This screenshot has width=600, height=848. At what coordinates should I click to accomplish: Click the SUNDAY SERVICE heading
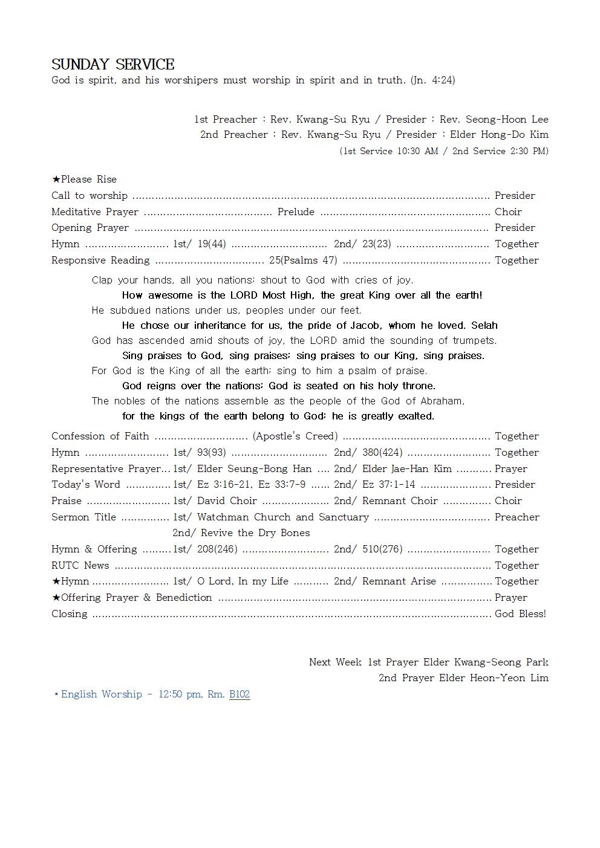click(113, 65)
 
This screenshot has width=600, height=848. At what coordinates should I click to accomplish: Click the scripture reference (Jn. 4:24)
click(432, 80)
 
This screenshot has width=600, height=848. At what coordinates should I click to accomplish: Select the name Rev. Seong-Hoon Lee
click(494, 119)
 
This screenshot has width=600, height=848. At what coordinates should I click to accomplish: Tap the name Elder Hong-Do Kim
click(499, 134)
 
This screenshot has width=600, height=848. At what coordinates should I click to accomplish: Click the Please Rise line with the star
click(84, 179)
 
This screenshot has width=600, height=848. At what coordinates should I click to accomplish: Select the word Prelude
click(296, 212)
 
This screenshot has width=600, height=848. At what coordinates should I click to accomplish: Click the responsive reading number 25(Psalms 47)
click(303, 260)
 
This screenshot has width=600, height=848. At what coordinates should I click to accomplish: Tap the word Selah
click(484, 325)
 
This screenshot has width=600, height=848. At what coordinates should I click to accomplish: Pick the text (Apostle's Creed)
click(295, 436)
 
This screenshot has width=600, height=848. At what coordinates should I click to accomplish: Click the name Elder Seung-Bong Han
click(255, 468)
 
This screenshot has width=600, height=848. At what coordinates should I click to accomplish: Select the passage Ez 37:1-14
click(389, 484)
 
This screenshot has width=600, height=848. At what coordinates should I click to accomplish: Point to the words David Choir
click(227, 500)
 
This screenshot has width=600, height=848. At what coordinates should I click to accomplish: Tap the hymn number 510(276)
click(382, 549)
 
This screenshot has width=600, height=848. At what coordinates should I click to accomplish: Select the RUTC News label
click(80, 565)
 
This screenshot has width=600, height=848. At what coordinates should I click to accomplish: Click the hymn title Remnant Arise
click(399, 581)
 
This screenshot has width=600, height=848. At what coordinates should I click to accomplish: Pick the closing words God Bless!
click(520, 613)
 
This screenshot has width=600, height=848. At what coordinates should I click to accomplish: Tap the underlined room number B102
click(240, 694)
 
